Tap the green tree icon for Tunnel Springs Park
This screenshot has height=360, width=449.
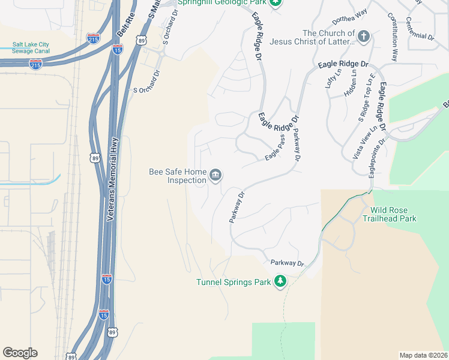coord(280,281)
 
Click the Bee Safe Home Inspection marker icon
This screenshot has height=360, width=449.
coord(215,175)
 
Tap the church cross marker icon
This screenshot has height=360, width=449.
coord(364,37)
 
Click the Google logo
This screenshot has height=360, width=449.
coord(20,353)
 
